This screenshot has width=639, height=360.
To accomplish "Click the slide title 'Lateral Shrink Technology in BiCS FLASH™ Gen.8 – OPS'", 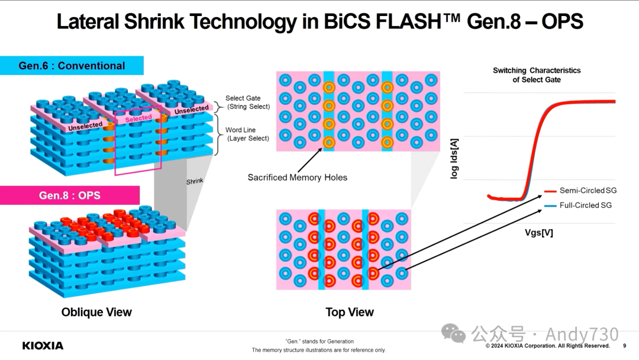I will pos(319,22).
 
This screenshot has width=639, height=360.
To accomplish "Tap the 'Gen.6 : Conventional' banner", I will pos(72,66).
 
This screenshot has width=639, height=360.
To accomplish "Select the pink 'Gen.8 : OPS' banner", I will pos(70,195).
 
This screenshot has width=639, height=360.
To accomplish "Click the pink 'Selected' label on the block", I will pos(138,118).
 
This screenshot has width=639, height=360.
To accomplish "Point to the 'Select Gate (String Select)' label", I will pos(248,102).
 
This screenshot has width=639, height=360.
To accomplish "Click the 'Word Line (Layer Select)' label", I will pos(247,134).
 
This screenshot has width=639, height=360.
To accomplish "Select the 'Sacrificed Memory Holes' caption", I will pos(297,177).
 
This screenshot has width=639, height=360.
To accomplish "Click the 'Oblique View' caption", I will pos(96,312).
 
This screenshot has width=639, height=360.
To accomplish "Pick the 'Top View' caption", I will pos(350,312).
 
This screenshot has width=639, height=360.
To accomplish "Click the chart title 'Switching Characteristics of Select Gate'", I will pos(537,75).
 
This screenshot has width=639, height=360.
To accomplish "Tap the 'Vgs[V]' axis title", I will pos(538,233).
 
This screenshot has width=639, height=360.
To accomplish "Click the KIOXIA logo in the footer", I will pos(43,345).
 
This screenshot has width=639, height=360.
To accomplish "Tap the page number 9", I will pos(625,346).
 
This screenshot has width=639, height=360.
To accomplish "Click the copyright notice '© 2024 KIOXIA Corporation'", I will pos(547,346).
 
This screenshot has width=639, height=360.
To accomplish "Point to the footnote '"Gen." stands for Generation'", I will pos(319,341).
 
